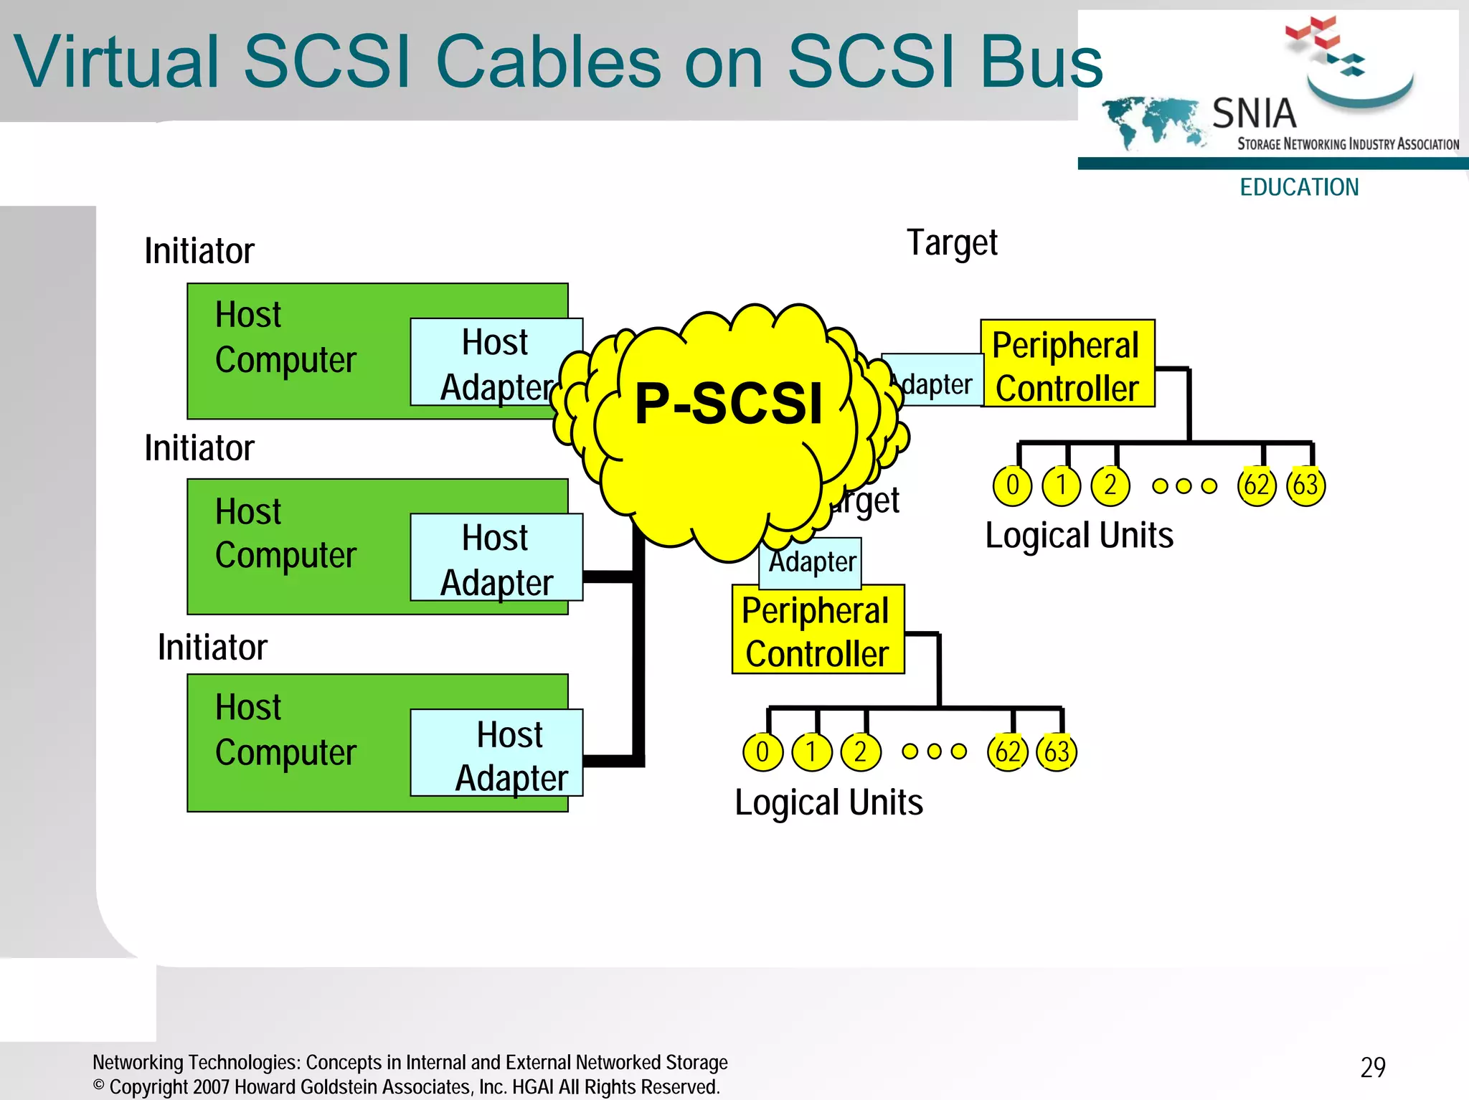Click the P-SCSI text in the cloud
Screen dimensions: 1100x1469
click(728, 403)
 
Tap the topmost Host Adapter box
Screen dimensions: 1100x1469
click(495, 362)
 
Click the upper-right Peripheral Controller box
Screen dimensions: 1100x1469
click(1067, 364)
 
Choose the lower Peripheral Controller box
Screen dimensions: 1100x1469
click(817, 630)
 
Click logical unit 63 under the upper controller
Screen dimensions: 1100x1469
click(1305, 486)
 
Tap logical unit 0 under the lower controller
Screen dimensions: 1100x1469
click(762, 752)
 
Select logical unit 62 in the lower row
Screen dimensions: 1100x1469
click(1007, 752)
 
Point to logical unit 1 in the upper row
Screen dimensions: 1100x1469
click(1061, 486)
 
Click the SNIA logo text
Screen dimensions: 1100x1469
click(1254, 113)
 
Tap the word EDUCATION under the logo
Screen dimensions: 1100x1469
click(1299, 187)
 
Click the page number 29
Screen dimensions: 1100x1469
click(1372, 1068)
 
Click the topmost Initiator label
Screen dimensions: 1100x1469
click(199, 251)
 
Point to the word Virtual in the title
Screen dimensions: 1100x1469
click(115, 62)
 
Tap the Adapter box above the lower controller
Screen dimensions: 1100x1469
click(811, 561)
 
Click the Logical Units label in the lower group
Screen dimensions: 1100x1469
click(828, 803)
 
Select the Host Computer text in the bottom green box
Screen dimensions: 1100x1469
click(285, 730)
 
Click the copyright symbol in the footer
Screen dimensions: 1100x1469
click(99, 1085)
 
